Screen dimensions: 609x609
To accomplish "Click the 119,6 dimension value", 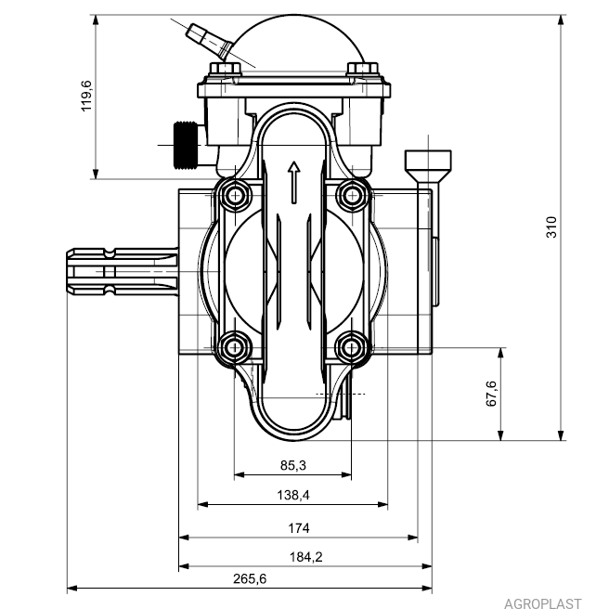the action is tap(86, 96).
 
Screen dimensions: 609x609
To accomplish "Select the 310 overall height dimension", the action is tap(551, 227).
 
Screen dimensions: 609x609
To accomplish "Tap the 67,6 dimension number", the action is tap(491, 394).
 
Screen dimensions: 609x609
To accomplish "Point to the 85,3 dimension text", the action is tap(293, 465).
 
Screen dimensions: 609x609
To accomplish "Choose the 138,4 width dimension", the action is tap(293, 495).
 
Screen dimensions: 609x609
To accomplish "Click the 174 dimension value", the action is tap(299, 528).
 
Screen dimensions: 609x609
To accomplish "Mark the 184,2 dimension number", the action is tap(306, 557).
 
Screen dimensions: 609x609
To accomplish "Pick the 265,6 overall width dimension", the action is tap(250, 578).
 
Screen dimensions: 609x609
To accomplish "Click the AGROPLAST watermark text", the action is tap(543, 603).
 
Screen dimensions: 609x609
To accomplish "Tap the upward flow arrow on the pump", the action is tap(294, 183).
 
